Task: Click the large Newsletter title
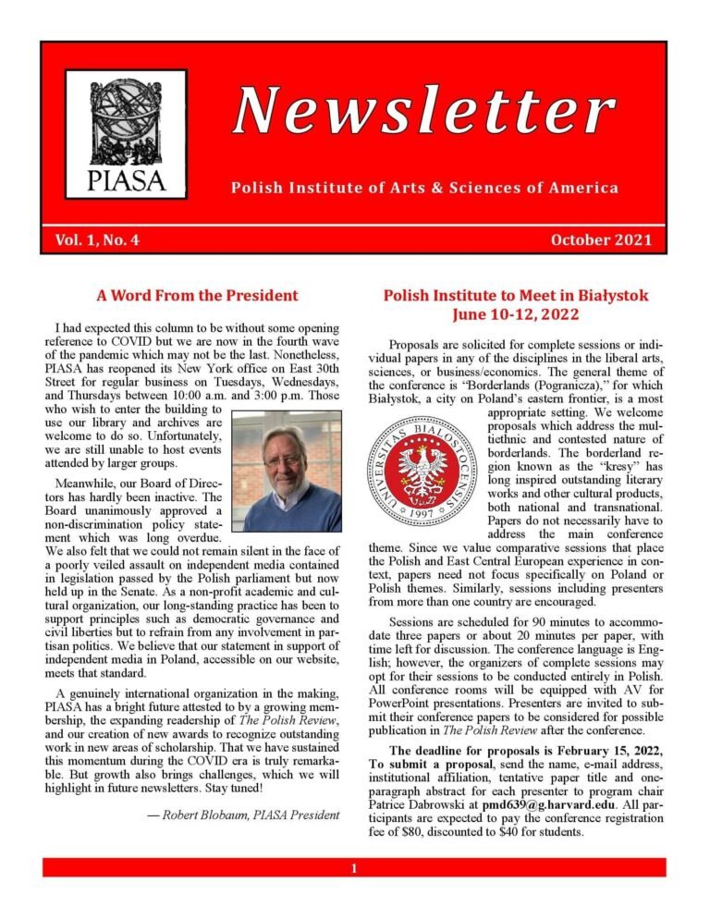click(x=423, y=112)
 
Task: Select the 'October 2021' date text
click(x=601, y=241)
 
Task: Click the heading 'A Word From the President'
click(x=198, y=296)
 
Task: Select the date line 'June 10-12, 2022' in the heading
click(x=515, y=314)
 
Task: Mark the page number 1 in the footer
click(x=354, y=868)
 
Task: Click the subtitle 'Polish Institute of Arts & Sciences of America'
click(x=424, y=189)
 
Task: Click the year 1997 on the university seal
click(x=422, y=509)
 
